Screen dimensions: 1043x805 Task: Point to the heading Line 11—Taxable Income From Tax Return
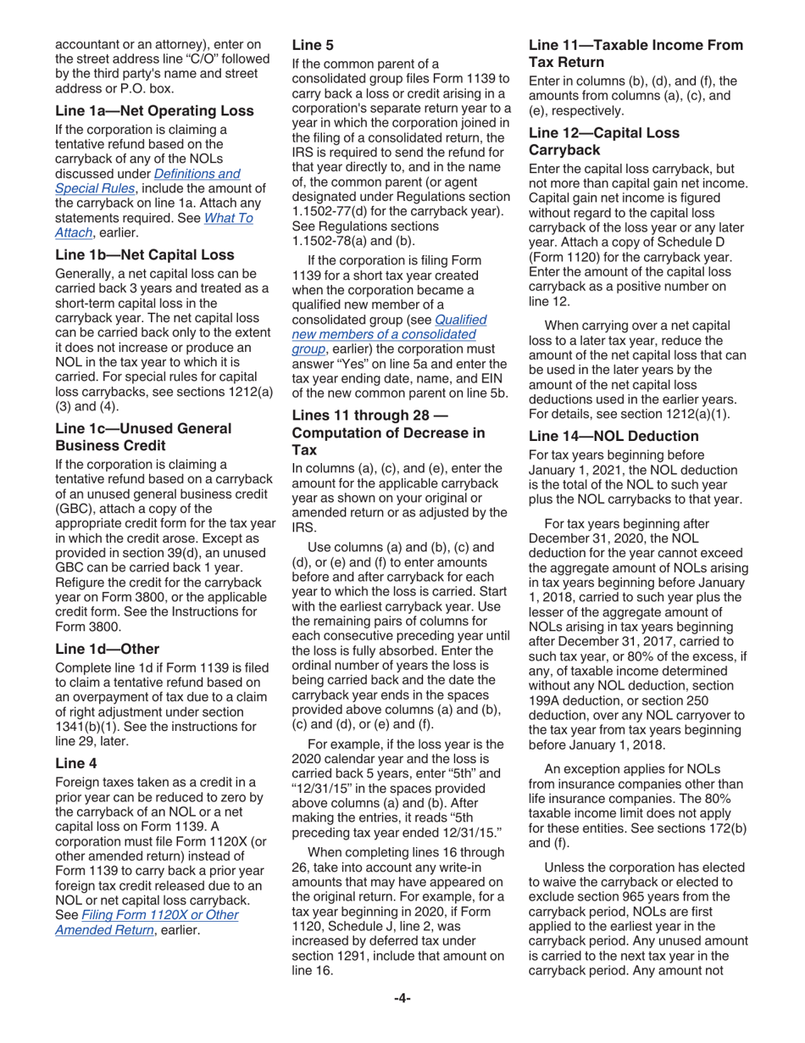tap(635, 53)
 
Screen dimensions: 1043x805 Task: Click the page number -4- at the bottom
tap(402, 1023)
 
